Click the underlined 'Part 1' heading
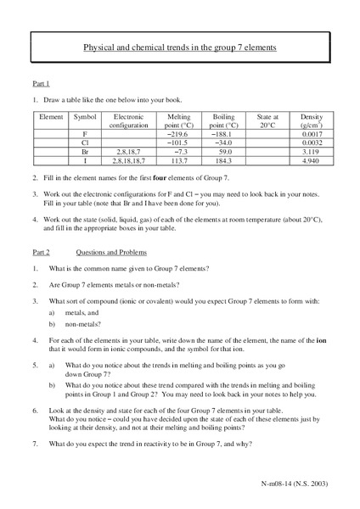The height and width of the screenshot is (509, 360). pyautogui.click(x=41, y=84)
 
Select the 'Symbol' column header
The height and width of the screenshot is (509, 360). pyautogui.click(x=85, y=117)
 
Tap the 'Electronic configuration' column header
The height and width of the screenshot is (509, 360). pyautogui.click(x=128, y=121)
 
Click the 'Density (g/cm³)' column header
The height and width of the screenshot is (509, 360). pyautogui.click(x=312, y=121)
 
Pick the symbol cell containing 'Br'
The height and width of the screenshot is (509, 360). pyautogui.click(x=85, y=150)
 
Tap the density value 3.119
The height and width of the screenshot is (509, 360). pyautogui.click(x=312, y=150)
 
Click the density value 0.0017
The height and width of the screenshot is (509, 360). pyautogui.click(x=312, y=134)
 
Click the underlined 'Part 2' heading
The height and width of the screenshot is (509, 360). pyautogui.click(x=41, y=253)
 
